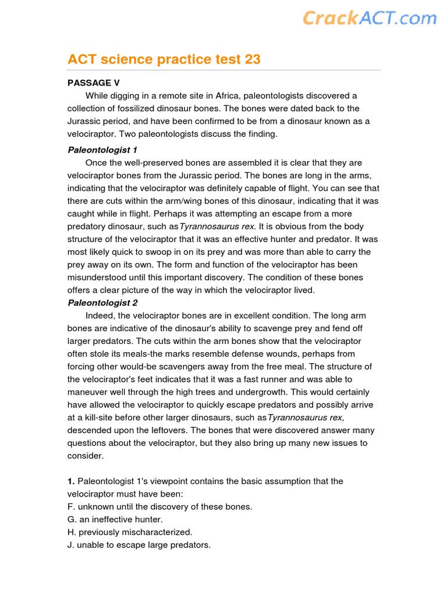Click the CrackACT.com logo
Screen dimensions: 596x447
pos(369,18)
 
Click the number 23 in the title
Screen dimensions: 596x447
pos(251,59)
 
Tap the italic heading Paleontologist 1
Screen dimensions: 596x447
pos(102,150)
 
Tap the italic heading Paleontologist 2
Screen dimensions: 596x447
pos(102,303)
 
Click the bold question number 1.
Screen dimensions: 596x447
pos(71,481)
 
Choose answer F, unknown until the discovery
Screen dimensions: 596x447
pos(160,507)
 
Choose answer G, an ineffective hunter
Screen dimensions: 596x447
pos(115,520)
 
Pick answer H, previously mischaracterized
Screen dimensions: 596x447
pos(130,533)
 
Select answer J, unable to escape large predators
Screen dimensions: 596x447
pos(139,545)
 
